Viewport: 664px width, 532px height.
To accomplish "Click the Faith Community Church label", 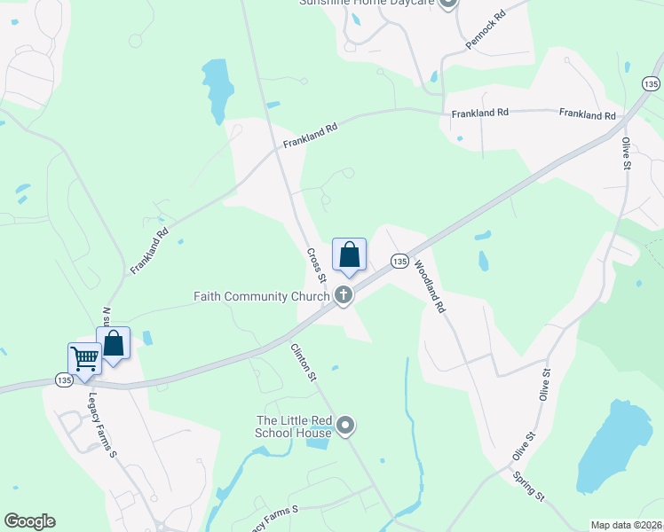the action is [x=262, y=296].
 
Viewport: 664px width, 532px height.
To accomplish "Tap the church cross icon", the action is [x=344, y=296].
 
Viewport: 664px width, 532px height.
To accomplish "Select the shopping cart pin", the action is [x=84, y=360].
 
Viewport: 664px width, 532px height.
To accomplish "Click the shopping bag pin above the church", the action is [x=350, y=254].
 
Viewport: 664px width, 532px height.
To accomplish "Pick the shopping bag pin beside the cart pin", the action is [x=114, y=344].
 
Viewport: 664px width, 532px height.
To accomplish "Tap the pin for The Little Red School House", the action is [x=345, y=426].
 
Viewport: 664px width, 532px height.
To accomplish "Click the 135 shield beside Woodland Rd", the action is [x=399, y=262].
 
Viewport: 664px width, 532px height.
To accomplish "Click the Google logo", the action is [x=29, y=521].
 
